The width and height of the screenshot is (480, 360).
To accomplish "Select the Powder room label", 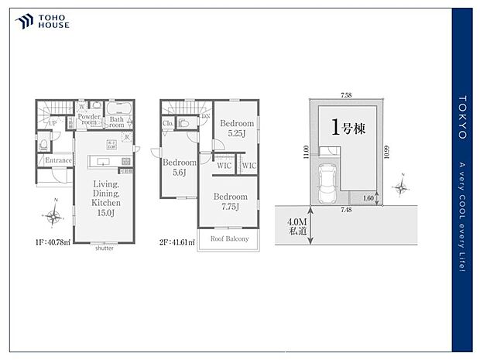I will point(89,120).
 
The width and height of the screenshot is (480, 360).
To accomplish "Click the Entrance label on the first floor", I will point(58,161).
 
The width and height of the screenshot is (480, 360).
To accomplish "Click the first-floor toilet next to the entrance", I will point(44,143).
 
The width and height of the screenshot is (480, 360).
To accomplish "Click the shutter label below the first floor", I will point(104,249).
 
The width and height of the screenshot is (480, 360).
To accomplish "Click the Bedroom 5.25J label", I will point(236,128).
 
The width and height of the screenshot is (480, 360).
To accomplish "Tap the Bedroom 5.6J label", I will point(180,167).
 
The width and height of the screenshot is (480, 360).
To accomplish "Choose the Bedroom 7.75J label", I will point(231,201).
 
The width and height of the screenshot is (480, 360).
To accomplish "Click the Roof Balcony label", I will point(229,238).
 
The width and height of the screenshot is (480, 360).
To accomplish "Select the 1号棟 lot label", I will point(348,129).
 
